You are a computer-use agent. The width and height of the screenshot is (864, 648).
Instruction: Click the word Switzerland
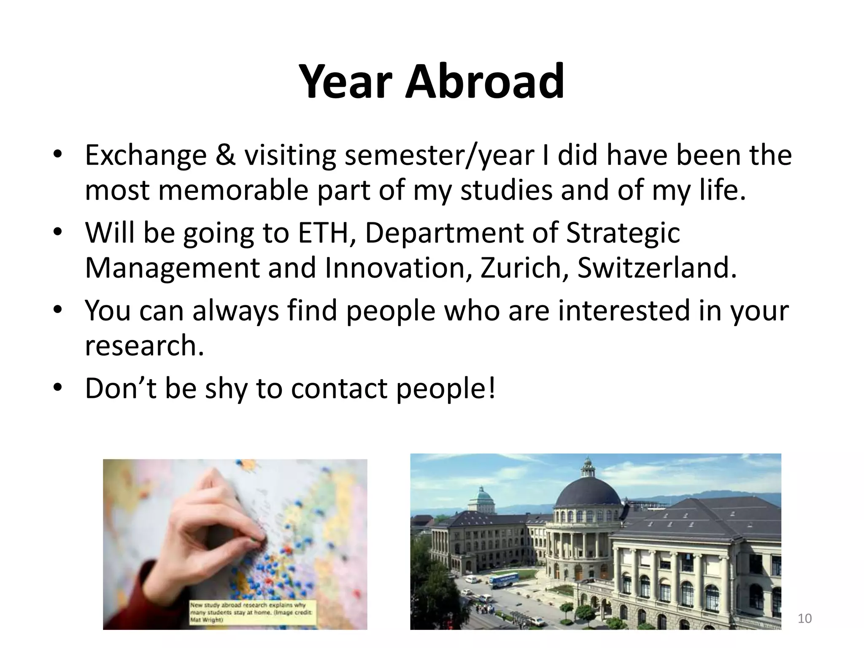pos(656,268)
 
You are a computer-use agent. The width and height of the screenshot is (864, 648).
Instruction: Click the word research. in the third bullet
pos(144,346)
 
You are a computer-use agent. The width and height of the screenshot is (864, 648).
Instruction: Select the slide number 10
pos(805,618)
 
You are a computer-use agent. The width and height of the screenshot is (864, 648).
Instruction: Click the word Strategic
pos(623,233)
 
